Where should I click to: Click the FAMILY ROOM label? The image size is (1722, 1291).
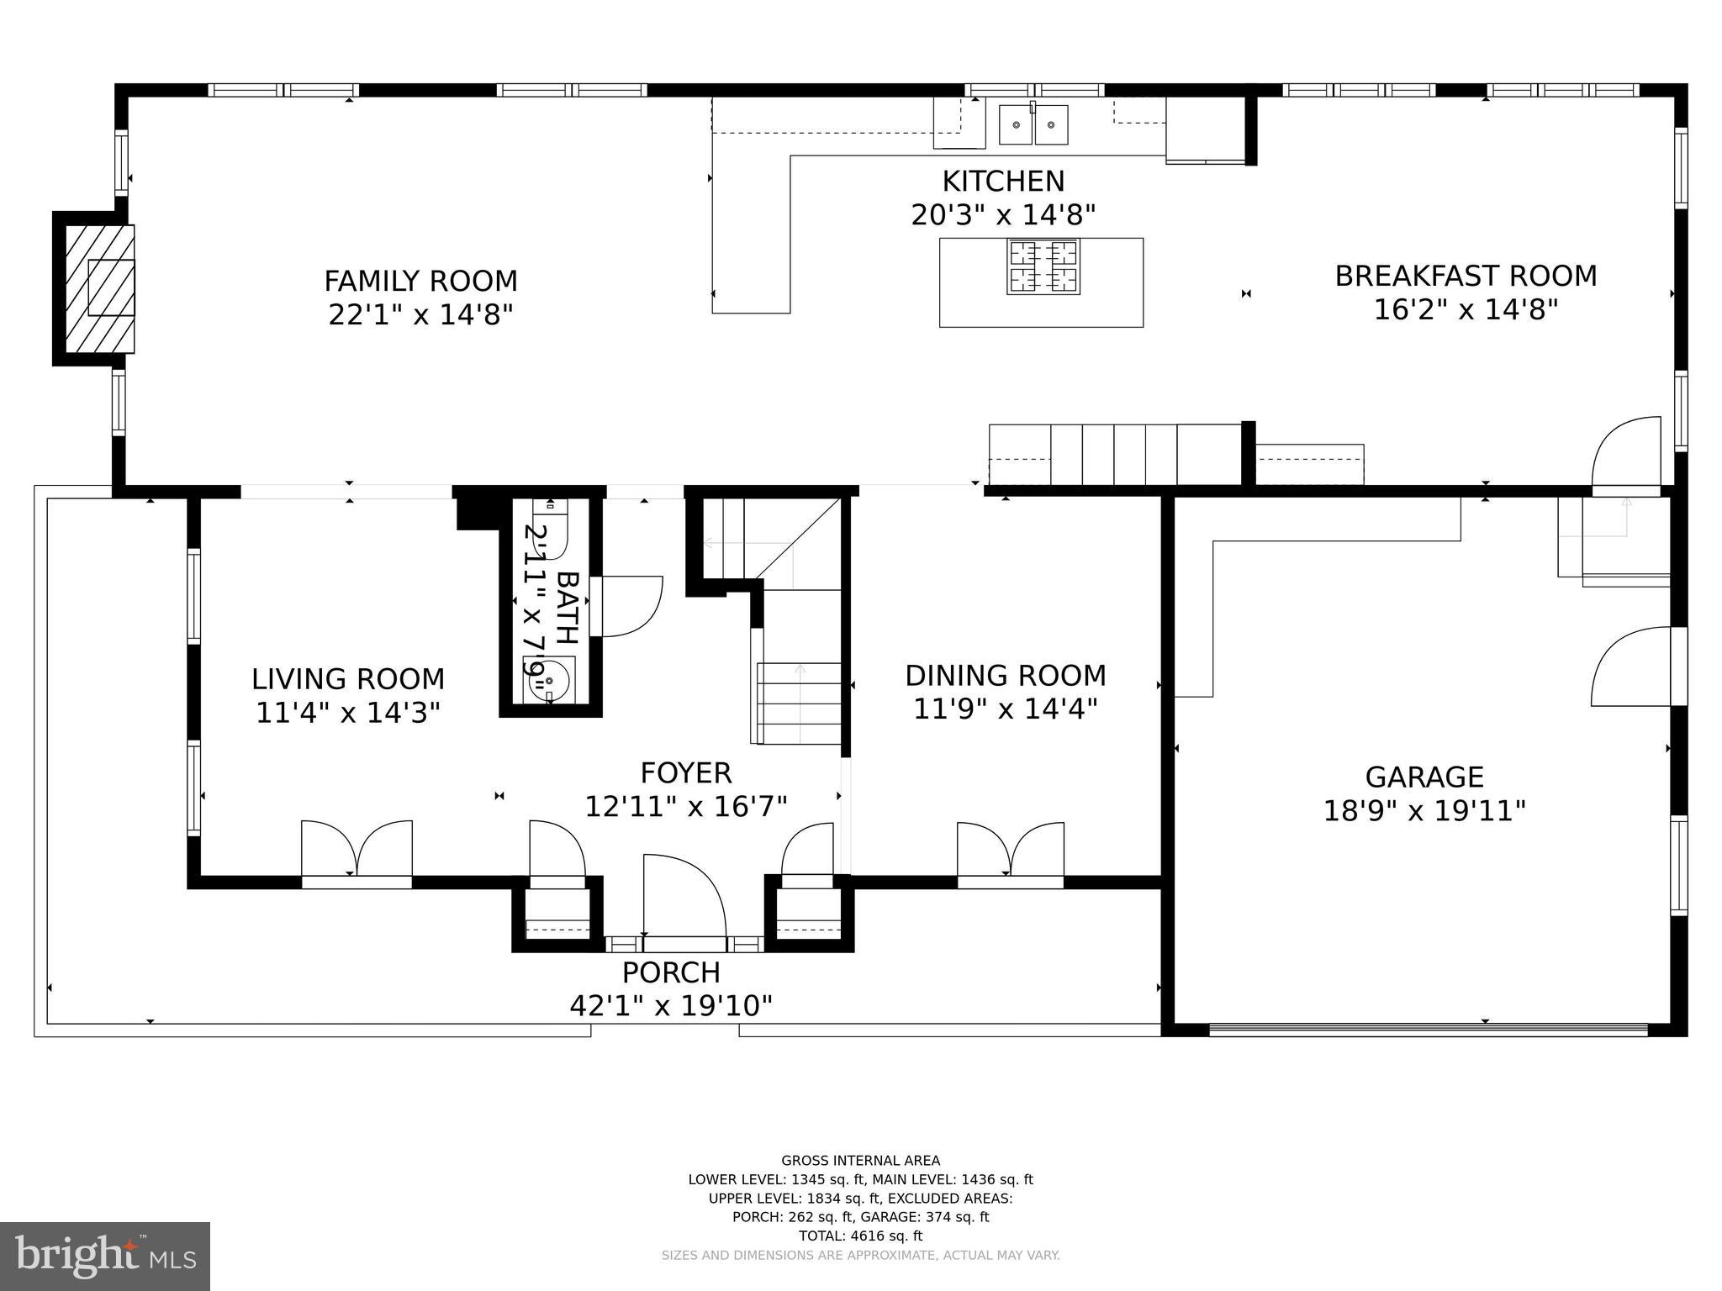click(x=420, y=281)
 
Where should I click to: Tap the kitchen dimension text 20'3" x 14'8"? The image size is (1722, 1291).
click(x=1003, y=215)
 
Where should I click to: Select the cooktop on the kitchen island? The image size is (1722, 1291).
click(x=1043, y=267)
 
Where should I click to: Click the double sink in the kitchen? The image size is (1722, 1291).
click(x=1033, y=125)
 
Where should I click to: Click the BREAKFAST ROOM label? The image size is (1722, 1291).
click(x=1466, y=276)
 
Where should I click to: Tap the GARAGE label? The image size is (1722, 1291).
click(x=1424, y=777)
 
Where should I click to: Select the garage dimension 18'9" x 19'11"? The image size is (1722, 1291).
click(x=1424, y=811)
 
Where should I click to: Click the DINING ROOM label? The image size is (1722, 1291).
click(x=1006, y=675)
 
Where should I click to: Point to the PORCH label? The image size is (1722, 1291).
click(x=671, y=972)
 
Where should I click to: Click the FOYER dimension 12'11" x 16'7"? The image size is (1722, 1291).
click(x=686, y=807)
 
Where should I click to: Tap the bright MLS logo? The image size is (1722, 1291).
click(x=104, y=1256)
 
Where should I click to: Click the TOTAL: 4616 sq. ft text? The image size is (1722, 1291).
click(x=860, y=1236)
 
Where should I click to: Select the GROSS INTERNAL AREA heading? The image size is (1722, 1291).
click(x=860, y=1161)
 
